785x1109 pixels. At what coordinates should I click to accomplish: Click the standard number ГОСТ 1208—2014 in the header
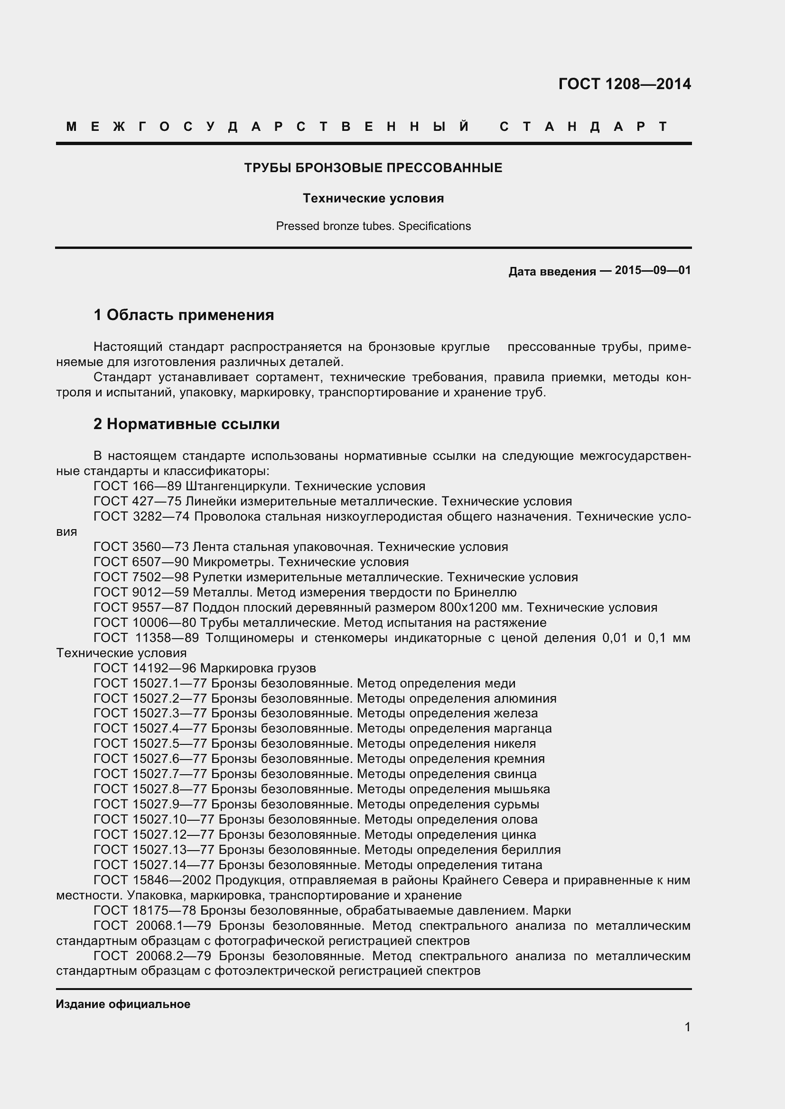pos(624,84)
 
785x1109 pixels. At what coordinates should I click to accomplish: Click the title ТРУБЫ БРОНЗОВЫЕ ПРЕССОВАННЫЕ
pos(373,168)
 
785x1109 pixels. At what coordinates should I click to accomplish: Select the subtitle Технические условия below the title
pos(373,199)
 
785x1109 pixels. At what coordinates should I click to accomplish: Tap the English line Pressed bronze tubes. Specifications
pos(373,226)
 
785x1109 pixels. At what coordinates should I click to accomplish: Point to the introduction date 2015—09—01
pos(653,270)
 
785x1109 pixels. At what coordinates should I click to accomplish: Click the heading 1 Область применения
pos(184,315)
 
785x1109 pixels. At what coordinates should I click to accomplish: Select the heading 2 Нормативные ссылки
pos(187,424)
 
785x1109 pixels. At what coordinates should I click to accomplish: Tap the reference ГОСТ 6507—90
pos(141,562)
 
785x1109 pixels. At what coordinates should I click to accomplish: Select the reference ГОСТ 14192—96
pos(145,669)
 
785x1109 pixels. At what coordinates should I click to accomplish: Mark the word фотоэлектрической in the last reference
pos(274,971)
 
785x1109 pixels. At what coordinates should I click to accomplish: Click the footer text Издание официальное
pos(123,1005)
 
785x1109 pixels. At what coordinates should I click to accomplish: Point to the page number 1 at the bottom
pos(687,1027)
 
